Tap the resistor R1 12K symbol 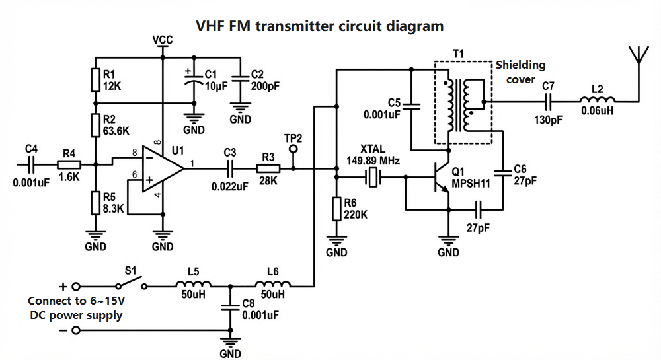96,79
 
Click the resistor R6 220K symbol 337,209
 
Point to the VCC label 162,40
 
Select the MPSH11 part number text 471,184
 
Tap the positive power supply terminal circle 76,287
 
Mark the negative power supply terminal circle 76,330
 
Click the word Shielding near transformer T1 520,65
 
